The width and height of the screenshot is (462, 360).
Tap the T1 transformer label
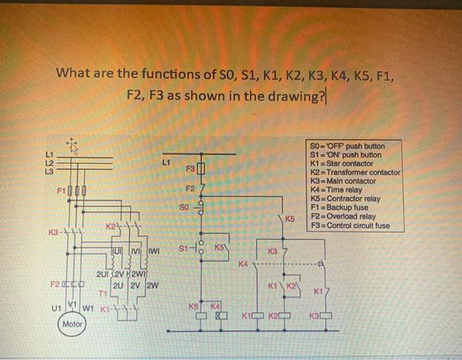(103, 293)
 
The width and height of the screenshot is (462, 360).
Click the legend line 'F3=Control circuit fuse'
(350, 225)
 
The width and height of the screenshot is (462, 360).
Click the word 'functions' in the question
(152, 74)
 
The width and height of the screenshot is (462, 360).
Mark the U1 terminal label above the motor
(57, 308)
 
